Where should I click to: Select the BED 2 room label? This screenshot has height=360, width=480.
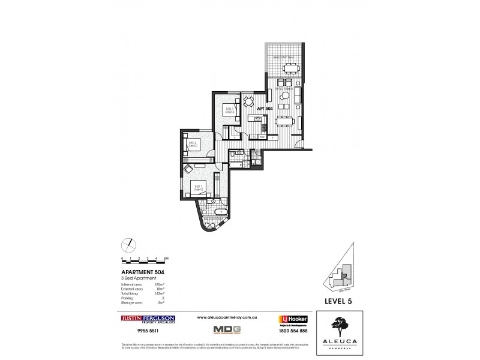click(193, 143)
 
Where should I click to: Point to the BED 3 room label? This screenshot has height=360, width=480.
click(229, 110)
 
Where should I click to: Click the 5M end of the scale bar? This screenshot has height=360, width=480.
click(166, 258)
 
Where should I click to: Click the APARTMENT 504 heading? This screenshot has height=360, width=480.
click(144, 271)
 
